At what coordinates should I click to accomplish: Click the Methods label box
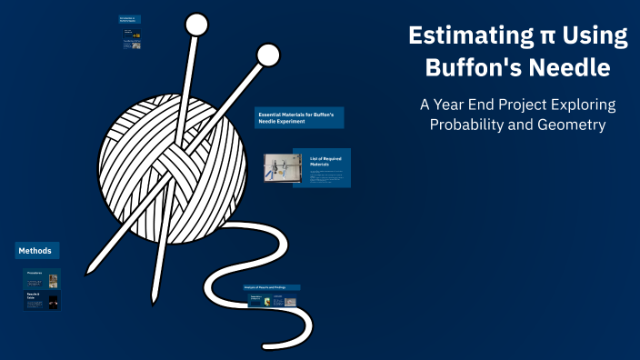[37, 250]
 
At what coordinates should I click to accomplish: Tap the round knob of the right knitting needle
[268, 55]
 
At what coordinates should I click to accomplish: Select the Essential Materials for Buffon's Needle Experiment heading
[299, 116]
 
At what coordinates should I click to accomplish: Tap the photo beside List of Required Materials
[282, 169]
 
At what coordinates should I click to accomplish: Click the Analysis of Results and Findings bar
[271, 287]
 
